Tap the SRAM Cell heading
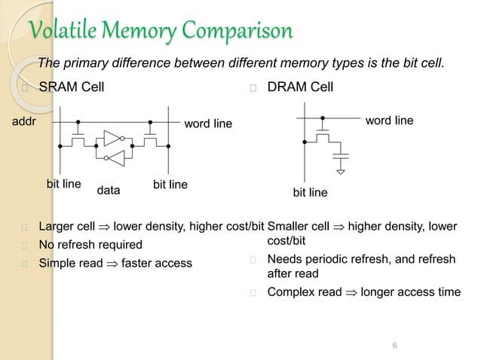click(x=72, y=88)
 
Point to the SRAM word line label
click(x=208, y=123)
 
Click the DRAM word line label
click(x=389, y=120)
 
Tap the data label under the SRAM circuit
click(x=109, y=191)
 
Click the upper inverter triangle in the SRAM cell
click(x=112, y=138)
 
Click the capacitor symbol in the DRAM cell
click(x=342, y=157)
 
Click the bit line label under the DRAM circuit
click(x=310, y=193)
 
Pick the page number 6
click(x=395, y=346)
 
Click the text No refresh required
click(x=90, y=245)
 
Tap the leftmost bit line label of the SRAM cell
click(x=64, y=183)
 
